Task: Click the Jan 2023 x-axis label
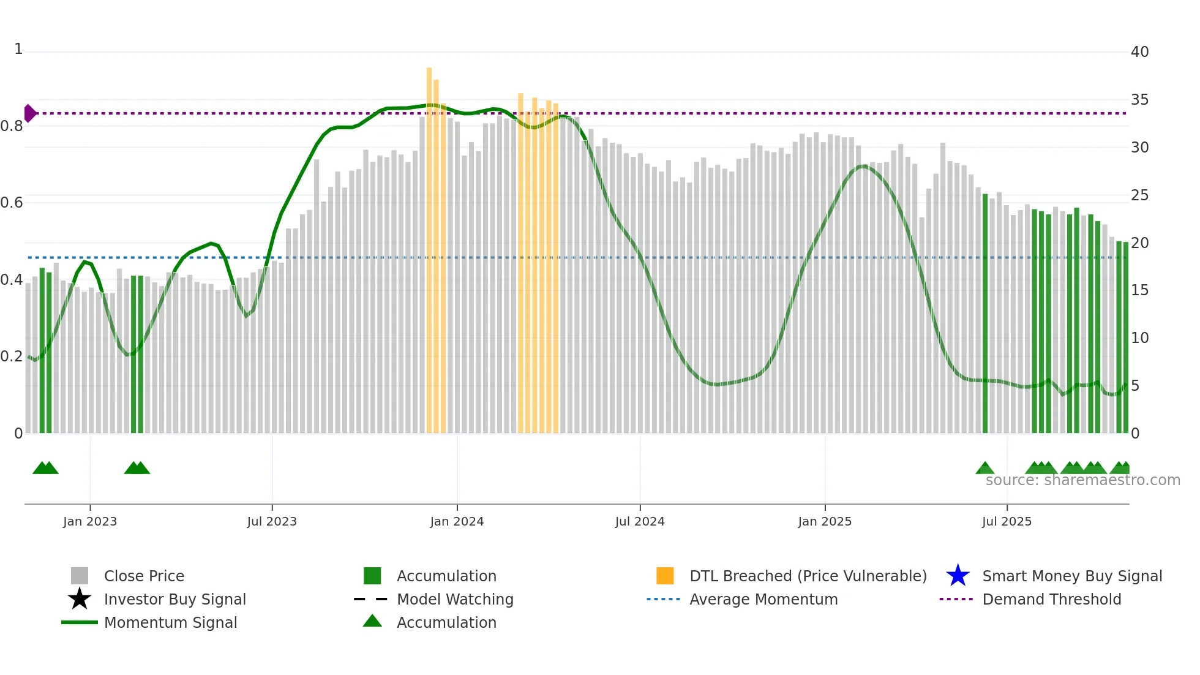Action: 90,521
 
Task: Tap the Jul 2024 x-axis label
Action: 640,521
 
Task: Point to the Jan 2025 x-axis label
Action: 825,521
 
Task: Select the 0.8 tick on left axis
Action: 12,126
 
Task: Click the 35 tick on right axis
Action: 1139,100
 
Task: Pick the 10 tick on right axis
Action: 1139,338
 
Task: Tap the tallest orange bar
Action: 429,245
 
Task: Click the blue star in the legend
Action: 958,576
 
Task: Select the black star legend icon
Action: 80,599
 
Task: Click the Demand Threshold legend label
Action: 1051,599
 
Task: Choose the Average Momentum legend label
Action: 763,599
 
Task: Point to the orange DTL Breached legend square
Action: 665,576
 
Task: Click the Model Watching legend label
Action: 455,599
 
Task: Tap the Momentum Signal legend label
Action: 170,622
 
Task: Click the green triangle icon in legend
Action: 372,621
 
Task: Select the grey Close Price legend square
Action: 80,576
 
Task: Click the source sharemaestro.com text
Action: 1082,480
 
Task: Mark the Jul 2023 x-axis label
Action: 272,521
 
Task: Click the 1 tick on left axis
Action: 18,49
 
